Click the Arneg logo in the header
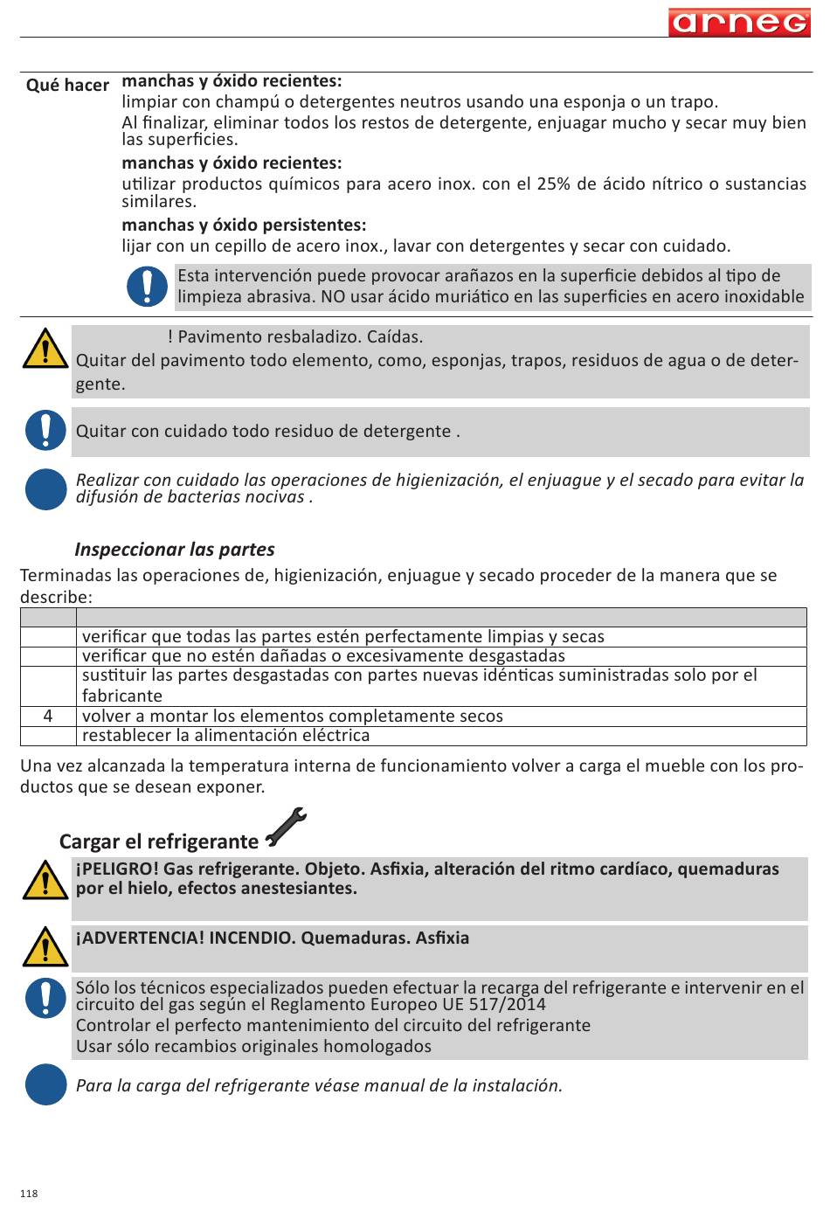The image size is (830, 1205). (739, 22)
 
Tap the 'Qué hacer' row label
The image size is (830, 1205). (67, 85)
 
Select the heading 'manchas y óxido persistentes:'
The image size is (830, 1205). (244, 225)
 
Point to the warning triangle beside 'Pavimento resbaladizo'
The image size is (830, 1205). (45, 349)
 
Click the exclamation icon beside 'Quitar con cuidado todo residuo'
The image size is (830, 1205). (45, 431)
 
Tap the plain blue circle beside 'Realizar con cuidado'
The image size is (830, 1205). (45, 488)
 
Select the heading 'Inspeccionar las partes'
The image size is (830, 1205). (175, 550)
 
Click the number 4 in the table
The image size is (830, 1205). (48, 716)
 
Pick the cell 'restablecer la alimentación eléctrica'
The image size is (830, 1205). (226, 735)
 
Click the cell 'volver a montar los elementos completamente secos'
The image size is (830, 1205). (293, 716)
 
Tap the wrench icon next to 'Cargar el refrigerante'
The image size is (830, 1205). (286, 828)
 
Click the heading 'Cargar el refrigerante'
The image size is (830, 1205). (159, 841)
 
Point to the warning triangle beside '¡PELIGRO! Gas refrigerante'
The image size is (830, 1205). (45, 881)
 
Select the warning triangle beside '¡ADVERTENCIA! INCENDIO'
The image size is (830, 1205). (45, 947)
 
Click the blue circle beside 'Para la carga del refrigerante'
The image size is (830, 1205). (45, 1084)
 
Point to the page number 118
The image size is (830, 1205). (29, 1194)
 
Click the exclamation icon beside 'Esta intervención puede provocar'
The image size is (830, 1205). (147, 287)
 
